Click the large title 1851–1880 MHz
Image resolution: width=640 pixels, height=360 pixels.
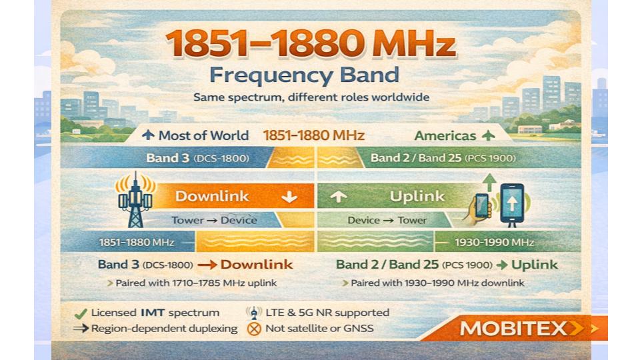[x=310, y=44]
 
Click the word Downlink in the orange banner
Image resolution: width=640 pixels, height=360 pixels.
[x=212, y=196]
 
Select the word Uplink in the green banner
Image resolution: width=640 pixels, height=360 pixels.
[x=417, y=196]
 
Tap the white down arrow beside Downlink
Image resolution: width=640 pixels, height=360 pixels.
[x=289, y=197]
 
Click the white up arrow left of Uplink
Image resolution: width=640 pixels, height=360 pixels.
[x=339, y=197]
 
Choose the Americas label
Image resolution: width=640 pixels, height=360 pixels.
[x=445, y=135]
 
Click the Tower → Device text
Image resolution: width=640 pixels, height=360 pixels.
[x=214, y=220]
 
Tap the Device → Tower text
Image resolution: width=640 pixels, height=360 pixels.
[x=397, y=220]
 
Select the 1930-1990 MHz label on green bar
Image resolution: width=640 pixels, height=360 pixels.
[x=493, y=242]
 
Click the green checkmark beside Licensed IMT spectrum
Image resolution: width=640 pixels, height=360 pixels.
[x=80, y=313]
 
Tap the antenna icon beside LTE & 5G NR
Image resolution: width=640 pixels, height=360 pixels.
[x=253, y=313]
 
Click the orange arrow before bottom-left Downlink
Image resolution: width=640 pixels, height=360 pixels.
[x=207, y=265]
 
